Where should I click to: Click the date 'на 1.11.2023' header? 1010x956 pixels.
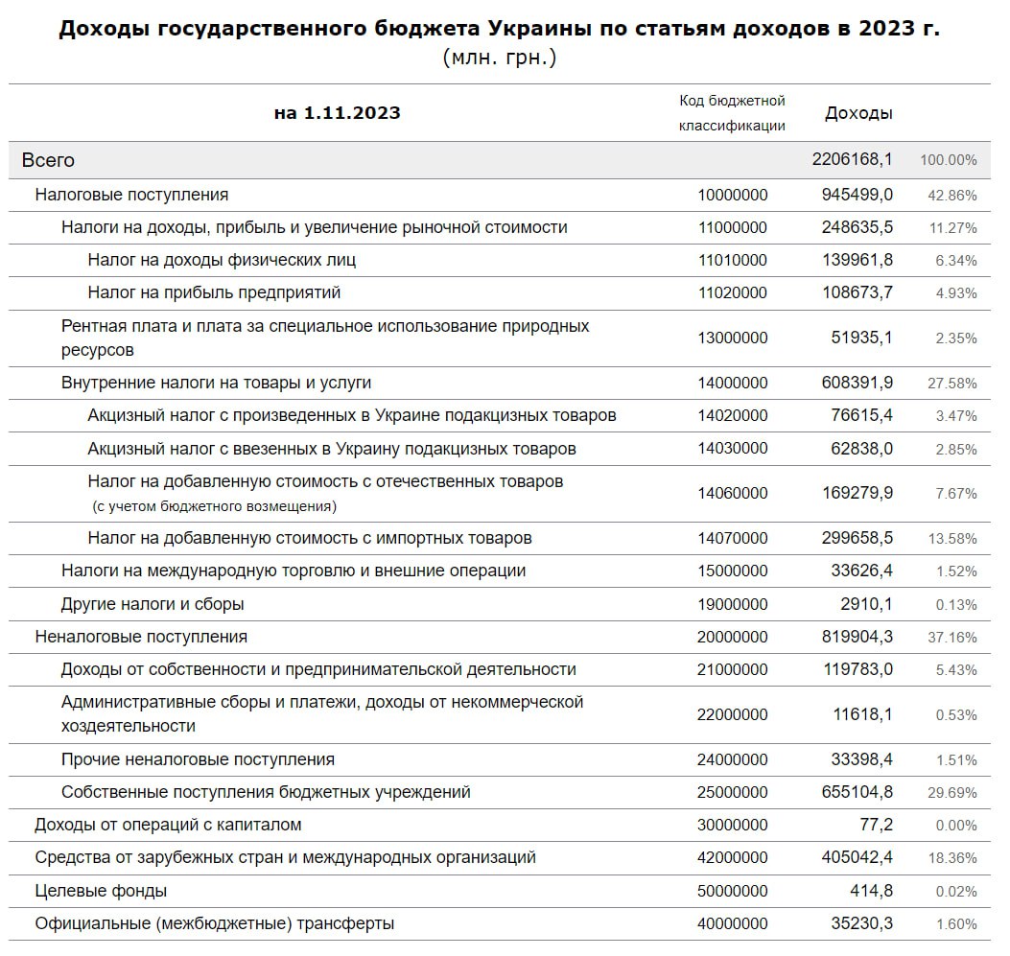[337, 113]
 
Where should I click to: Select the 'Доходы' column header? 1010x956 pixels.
[858, 113]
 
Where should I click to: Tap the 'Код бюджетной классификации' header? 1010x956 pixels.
[732, 113]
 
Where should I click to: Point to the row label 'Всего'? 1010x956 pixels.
[48, 161]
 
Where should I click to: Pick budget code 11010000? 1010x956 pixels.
[733, 260]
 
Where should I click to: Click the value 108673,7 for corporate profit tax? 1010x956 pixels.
[857, 292]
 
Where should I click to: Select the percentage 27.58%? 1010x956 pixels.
[952, 384]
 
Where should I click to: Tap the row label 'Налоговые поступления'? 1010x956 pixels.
[131, 195]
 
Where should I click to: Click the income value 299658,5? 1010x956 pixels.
[857, 538]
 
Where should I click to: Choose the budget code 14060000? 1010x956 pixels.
[733, 494]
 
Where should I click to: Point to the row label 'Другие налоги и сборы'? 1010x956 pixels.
[153, 604]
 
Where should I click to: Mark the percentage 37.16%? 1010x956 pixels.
[952, 638]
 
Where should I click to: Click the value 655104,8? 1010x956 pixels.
[857, 792]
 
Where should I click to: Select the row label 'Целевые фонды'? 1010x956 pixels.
[101, 891]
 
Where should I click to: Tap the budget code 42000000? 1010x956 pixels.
[733, 857]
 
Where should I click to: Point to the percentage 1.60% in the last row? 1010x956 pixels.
[956, 924]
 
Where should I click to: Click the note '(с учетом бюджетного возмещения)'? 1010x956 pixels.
[214, 506]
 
